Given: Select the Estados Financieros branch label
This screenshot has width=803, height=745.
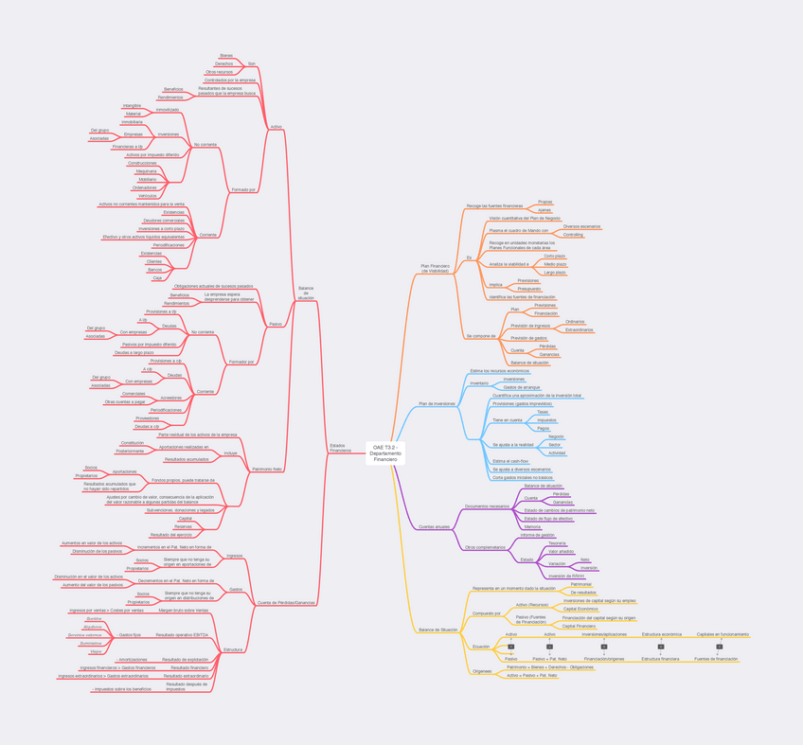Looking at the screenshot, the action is click(340, 448).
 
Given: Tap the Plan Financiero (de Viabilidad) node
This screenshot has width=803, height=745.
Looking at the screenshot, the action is click(435, 269).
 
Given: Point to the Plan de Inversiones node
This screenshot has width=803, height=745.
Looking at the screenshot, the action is click(437, 404).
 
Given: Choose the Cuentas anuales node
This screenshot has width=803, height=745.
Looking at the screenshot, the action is click(435, 526).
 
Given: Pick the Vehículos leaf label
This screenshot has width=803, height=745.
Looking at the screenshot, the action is click(147, 196).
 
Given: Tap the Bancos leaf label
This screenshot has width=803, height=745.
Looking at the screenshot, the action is click(154, 270).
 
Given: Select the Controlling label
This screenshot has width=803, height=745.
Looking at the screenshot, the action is click(573, 235).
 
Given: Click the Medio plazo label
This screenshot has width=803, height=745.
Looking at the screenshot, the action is click(555, 264).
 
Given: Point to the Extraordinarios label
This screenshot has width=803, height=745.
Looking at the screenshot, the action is click(579, 330).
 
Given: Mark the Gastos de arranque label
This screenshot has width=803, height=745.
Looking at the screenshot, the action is click(522, 387).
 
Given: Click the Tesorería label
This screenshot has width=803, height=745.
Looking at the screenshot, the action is click(557, 543).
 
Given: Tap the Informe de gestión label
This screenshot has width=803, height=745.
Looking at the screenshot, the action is click(537, 535).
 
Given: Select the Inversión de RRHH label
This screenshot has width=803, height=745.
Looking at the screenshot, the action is click(566, 576).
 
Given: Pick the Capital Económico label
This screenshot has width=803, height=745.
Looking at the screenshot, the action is click(580, 609).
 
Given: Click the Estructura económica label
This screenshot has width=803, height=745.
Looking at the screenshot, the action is click(661, 634).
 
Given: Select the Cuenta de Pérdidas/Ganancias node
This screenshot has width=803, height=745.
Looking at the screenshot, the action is click(286, 602).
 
